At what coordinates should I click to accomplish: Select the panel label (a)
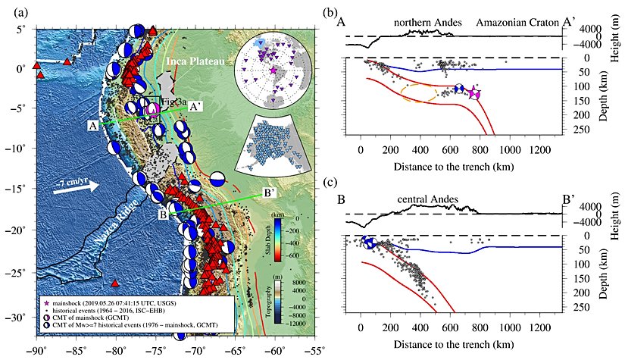[14, 11]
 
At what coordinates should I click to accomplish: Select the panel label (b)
[351, 11]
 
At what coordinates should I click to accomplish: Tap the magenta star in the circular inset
[273, 70]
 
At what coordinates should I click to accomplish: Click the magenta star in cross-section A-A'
[473, 92]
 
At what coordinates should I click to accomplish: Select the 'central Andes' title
[428, 199]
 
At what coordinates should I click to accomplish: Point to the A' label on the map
[195, 107]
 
